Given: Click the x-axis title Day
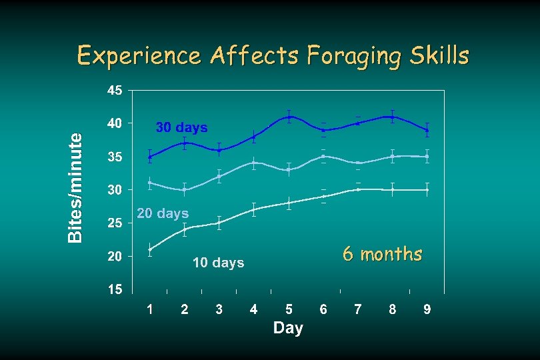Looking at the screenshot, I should pyautogui.click(x=288, y=328).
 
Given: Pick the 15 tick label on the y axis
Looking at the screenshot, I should pyautogui.click(x=115, y=290).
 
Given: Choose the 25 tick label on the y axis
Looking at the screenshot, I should pyautogui.click(x=115, y=224).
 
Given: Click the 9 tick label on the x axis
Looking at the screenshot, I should pyautogui.click(x=427, y=309).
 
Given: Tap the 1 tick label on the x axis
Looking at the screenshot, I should pyautogui.click(x=150, y=309).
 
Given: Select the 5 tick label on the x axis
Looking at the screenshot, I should pyautogui.click(x=289, y=309).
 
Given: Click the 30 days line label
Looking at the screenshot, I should pyautogui.click(x=181, y=127).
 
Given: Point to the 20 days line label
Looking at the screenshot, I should pyautogui.click(x=163, y=214).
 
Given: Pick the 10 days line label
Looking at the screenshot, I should pyautogui.click(x=219, y=263).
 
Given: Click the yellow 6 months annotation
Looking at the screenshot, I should pyautogui.click(x=383, y=254).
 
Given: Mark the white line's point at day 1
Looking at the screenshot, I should pyautogui.click(x=150, y=250).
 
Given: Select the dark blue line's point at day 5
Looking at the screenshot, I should pyautogui.click(x=289, y=117).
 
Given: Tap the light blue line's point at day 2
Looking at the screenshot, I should pyautogui.click(x=185, y=189).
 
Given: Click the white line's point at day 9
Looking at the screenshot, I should pyautogui.click(x=427, y=190).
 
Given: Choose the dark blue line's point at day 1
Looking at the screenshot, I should pyautogui.click(x=150, y=157).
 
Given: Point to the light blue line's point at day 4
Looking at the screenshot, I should pyautogui.click(x=254, y=163).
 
